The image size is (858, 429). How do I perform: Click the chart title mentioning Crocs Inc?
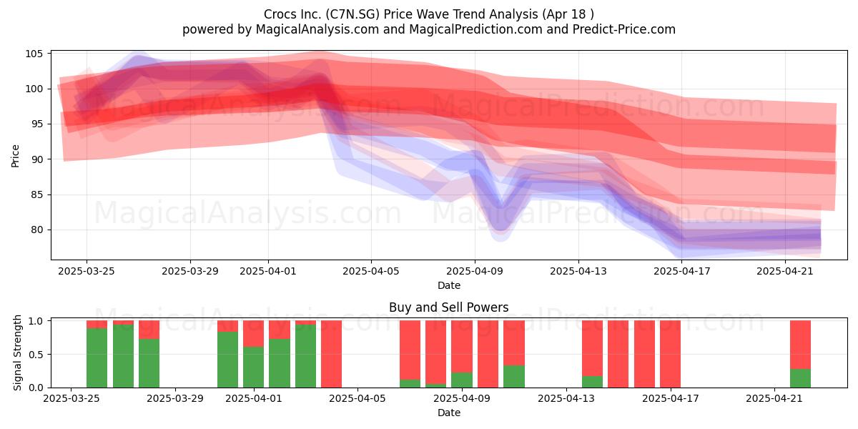coord(429,14)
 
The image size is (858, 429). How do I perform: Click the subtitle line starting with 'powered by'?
coord(429,29)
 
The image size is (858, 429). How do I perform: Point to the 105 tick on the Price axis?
coord(34,54)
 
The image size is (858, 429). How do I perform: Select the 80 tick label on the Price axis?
coord(36,230)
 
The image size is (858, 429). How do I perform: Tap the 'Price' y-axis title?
coord(15,156)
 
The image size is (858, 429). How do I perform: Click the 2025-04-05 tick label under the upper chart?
coord(371,271)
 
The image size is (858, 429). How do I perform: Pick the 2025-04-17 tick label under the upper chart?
coord(682,271)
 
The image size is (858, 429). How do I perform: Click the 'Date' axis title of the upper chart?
coord(449,285)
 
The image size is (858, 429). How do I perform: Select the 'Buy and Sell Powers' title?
coord(449,307)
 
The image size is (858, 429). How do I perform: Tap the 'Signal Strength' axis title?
coord(17,352)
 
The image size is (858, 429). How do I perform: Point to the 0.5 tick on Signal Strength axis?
coord(36,355)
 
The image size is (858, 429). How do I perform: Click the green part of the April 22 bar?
coord(801,378)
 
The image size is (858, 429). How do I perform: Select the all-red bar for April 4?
coord(331,354)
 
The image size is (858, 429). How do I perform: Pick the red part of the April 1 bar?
coord(254,334)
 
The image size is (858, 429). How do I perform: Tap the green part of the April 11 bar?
coord(514,377)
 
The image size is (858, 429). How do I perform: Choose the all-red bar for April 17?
coord(671,354)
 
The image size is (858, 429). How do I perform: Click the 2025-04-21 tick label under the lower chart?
coord(774,398)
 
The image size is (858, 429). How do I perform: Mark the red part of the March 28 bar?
coord(149,330)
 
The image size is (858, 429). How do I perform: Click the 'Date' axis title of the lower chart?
coord(449,413)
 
